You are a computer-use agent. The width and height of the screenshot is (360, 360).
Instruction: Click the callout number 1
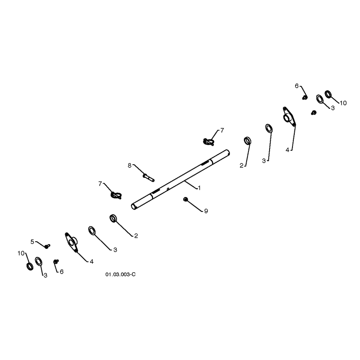tap(199, 188)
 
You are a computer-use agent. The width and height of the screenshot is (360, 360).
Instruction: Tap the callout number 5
tap(32, 242)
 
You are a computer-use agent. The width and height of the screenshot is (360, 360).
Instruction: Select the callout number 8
tap(130, 165)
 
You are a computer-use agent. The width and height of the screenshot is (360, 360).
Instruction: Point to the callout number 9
tap(206, 211)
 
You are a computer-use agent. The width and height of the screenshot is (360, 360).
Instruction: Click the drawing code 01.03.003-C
tap(121, 274)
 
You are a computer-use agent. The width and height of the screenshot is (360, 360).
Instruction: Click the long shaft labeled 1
tap(180, 180)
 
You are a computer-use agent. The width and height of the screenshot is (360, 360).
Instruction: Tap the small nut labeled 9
tap(185, 199)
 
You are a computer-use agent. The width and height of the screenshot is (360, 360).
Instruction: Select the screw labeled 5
tap(47, 246)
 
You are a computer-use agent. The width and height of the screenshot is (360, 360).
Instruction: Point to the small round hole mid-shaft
tap(168, 189)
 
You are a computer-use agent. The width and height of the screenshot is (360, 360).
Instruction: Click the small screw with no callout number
tap(314, 112)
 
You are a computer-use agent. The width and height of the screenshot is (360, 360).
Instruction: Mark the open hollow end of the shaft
tap(133, 207)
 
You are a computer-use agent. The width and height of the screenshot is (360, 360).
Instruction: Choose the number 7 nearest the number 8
tap(100, 184)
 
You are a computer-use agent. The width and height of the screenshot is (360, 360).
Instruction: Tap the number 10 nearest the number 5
tap(21, 253)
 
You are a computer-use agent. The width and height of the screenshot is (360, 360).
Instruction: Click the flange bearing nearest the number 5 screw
tap(72, 242)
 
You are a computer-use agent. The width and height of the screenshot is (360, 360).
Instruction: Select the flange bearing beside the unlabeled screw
tap(289, 117)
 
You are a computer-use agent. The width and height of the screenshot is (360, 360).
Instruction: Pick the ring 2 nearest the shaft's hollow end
tap(113, 218)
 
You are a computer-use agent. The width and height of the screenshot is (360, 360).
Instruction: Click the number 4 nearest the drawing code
tap(92, 261)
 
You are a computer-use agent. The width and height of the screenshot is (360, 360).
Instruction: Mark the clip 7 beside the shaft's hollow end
tap(116, 195)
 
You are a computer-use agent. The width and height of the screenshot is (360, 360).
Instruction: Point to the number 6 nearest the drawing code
tap(62, 272)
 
